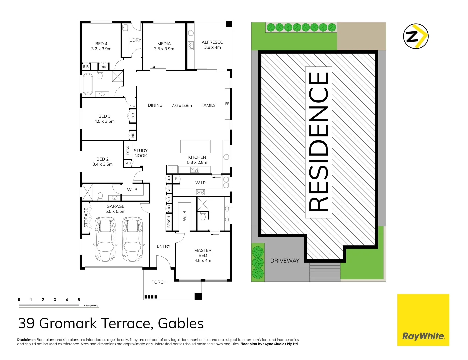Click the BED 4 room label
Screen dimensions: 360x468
101,44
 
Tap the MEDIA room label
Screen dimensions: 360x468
164,44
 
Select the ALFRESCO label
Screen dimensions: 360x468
212,42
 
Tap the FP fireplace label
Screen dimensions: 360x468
227,104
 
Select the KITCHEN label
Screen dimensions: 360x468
197,157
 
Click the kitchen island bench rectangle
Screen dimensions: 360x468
195,146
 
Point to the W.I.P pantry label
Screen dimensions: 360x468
200,183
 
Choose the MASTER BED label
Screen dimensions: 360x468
203,253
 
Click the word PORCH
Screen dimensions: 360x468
159,282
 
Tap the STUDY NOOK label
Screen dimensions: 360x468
141,153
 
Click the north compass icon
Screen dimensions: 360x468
416,36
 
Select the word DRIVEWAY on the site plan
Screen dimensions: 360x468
285,261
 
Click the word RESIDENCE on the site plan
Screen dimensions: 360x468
319,142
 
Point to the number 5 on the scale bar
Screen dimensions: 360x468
79,300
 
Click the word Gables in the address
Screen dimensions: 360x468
181,324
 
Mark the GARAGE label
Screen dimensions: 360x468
115,206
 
